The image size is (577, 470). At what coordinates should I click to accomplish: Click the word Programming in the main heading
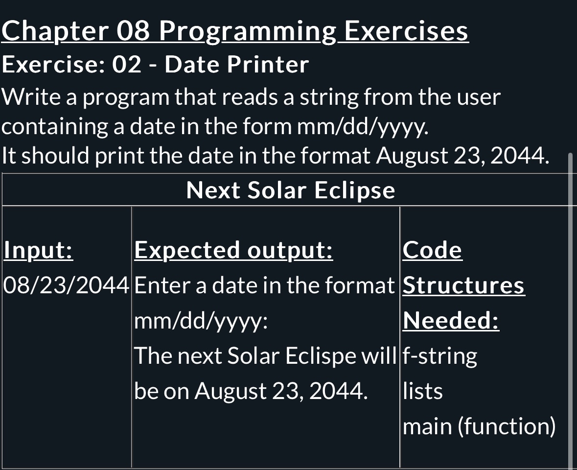(247, 32)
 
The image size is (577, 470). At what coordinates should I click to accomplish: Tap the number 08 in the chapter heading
(133, 32)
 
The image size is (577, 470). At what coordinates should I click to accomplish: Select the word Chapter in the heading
(55, 32)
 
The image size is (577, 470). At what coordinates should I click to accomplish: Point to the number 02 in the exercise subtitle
(127, 65)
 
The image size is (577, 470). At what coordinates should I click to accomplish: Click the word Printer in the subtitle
(268, 65)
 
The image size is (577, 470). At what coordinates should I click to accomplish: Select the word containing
(55, 127)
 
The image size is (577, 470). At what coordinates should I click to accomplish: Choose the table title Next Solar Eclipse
(290, 190)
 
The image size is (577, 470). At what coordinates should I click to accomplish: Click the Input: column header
(38, 250)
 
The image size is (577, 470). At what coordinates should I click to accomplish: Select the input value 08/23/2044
(66, 285)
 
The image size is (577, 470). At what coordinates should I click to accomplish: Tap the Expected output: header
(233, 250)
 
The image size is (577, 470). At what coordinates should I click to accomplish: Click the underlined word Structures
(463, 285)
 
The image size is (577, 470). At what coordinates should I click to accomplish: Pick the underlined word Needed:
(451, 321)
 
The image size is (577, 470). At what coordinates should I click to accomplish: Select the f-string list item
(439, 356)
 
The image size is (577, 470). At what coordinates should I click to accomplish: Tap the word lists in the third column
(422, 391)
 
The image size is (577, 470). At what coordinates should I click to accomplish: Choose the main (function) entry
(479, 426)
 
